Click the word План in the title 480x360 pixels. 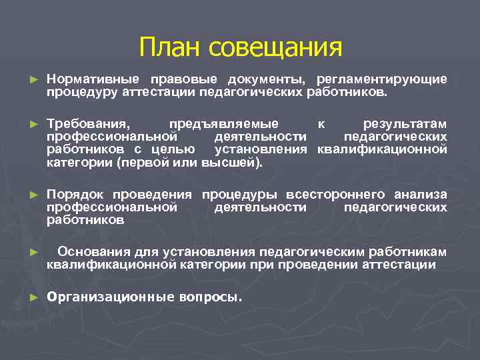[171, 47]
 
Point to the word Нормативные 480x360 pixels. [89, 79]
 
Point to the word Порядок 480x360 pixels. [76, 195]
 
